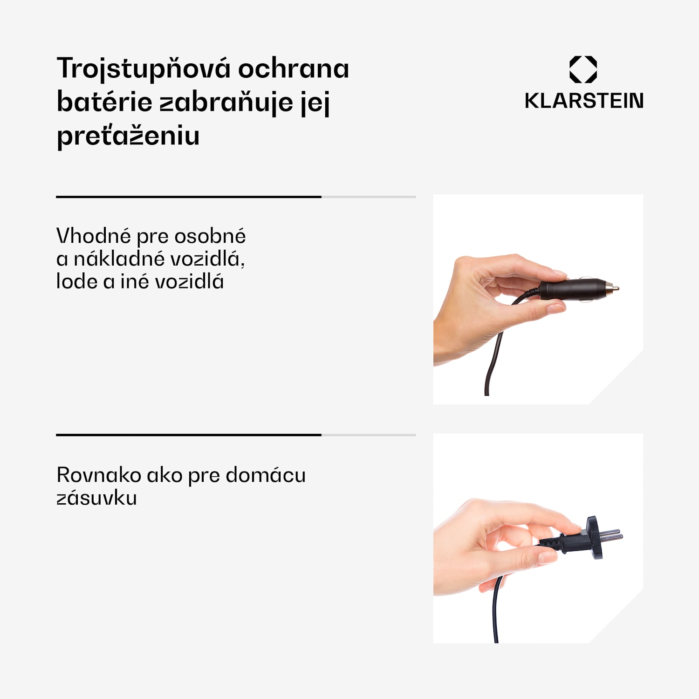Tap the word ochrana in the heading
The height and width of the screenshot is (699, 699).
[294, 69]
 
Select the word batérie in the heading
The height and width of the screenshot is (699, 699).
[104, 102]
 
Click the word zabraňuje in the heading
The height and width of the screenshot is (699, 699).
[226, 102]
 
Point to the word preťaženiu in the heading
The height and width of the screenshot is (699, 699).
[128, 136]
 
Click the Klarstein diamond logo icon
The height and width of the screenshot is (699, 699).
[583, 69]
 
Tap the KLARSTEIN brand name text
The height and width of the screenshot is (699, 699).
[584, 101]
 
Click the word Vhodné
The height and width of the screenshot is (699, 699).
[93, 236]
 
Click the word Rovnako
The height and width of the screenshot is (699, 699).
[99, 475]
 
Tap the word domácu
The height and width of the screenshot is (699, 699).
[266, 475]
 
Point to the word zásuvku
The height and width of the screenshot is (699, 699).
[96, 498]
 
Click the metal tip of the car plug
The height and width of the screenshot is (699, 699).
[614, 288]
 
